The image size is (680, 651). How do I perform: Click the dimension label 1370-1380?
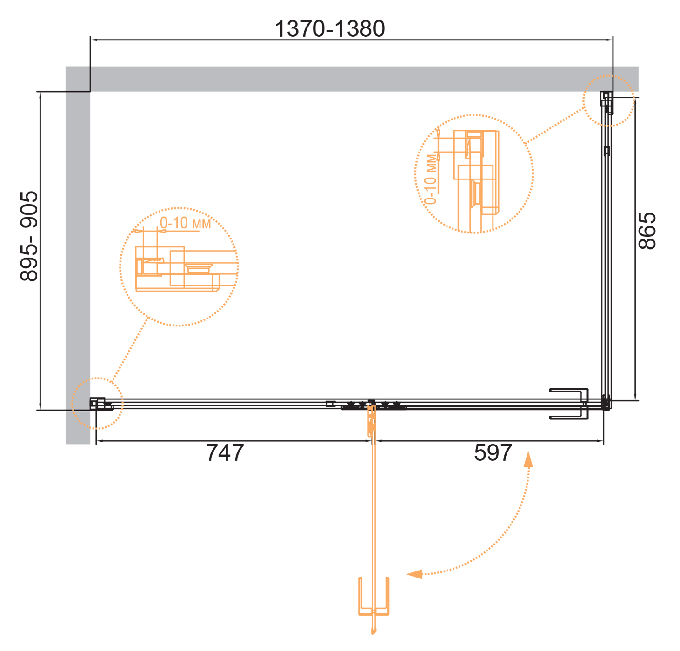click(329, 29)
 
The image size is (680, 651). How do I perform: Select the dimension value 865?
click(647, 231)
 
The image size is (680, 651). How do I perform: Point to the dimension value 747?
click(225, 453)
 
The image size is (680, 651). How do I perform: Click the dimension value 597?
click(493, 453)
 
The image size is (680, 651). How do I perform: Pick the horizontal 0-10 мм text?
click(185, 223)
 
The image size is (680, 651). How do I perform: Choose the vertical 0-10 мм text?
click(431, 179)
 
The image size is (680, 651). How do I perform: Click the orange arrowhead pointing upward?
click(528, 459)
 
